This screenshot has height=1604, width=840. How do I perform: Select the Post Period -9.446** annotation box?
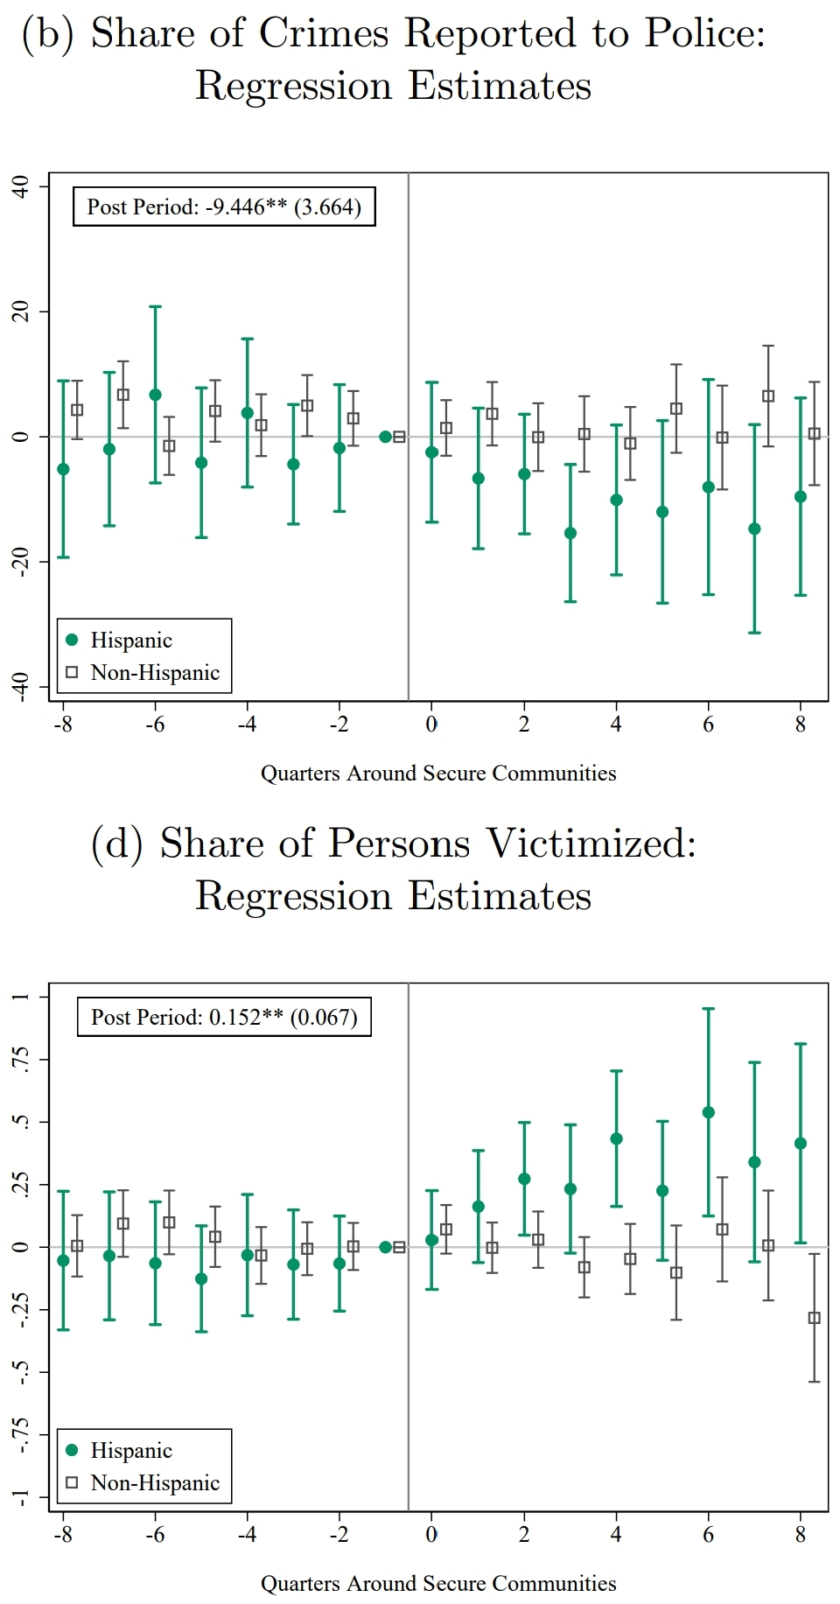click(x=224, y=207)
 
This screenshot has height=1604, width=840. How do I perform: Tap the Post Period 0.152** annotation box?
click(x=224, y=1018)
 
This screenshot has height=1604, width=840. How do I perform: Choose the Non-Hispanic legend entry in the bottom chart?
click(x=143, y=1483)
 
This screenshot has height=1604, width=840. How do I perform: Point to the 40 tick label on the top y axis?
click(x=19, y=186)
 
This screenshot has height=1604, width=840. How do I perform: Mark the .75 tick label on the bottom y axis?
click(x=19, y=1059)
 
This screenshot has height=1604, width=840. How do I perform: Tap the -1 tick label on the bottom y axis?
click(x=19, y=1496)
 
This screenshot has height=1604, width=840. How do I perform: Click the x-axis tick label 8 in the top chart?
click(x=800, y=725)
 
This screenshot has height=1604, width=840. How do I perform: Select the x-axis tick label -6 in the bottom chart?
click(x=155, y=1535)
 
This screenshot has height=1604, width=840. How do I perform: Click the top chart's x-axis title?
click(x=438, y=774)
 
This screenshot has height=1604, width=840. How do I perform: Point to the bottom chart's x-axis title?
click(x=438, y=1584)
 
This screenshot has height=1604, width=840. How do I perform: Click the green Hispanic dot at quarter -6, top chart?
click(x=155, y=395)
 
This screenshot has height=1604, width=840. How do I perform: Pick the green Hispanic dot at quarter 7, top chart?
click(x=754, y=529)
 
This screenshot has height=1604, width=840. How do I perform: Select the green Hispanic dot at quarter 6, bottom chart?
click(x=708, y=1112)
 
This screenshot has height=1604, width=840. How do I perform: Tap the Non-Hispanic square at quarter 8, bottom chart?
click(x=814, y=1318)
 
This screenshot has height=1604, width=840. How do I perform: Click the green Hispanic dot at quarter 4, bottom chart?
click(x=616, y=1138)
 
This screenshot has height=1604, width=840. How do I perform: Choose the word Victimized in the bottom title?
click(x=591, y=844)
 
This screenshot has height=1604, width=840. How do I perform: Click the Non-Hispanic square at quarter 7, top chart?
click(x=768, y=396)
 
